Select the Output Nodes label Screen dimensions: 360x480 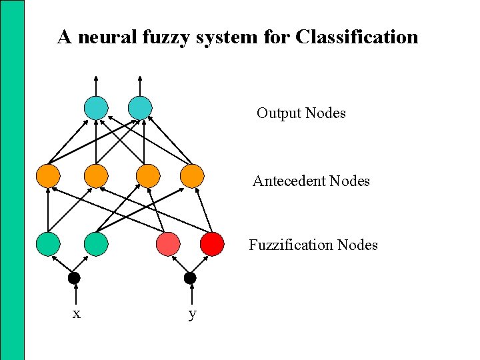(x=301, y=113)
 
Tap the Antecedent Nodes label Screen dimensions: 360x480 (x=311, y=181)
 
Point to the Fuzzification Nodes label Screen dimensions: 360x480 (x=313, y=245)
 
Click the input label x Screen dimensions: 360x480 (x=76, y=313)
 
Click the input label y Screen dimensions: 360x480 (x=192, y=314)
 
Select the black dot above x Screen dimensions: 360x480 (x=74, y=278)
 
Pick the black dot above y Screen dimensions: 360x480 (x=190, y=278)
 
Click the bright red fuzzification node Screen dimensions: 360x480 (x=212, y=244)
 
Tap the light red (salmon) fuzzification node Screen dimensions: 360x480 (x=168, y=244)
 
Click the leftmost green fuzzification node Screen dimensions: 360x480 (x=49, y=244)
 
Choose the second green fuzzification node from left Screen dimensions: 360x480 (x=96, y=244)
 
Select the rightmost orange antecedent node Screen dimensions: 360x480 (x=192, y=176)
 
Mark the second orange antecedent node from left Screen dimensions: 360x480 (x=96, y=176)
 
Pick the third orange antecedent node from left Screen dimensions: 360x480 (x=148, y=176)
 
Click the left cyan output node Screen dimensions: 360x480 (x=96, y=108)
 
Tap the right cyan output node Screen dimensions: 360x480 (x=140, y=108)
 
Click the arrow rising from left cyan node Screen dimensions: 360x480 (x=96, y=85)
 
